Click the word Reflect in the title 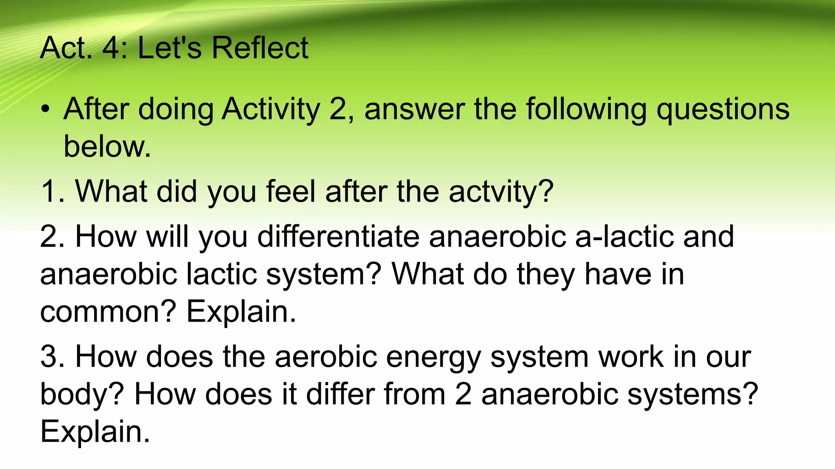[x=260, y=48]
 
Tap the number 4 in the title [x=110, y=48]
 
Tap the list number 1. [x=51, y=191]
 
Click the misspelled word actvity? [x=501, y=191]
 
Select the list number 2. [x=51, y=237]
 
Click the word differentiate [x=338, y=237]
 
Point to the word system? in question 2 [x=323, y=274]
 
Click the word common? [x=108, y=312]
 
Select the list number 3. [x=51, y=357]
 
